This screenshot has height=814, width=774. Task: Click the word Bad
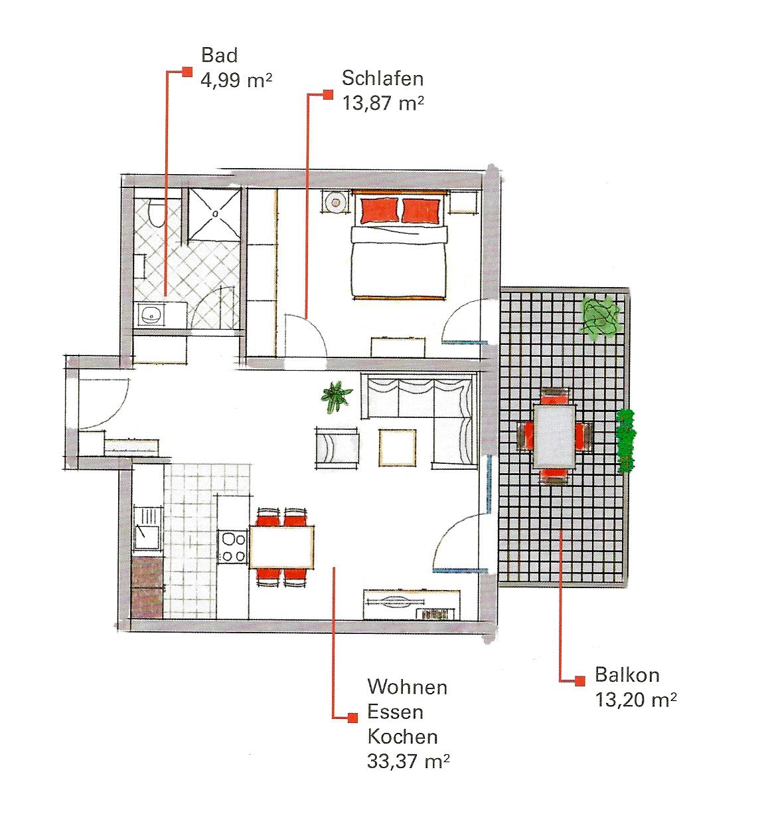click(219, 55)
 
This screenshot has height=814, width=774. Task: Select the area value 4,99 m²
click(236, 80)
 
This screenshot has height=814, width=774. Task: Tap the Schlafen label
click(382, 78)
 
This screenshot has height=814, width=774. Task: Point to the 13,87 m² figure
click(383, 103)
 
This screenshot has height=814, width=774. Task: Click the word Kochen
click(402, 736)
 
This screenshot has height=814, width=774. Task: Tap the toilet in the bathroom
click(156, 213)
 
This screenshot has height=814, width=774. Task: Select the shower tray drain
click(215, 214)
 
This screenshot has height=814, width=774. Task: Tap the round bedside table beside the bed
click(335, 202)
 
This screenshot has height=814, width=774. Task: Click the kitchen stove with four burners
click(233, 546)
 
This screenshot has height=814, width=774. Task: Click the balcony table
click(554, 436)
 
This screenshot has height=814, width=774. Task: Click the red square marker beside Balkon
click(580, 680)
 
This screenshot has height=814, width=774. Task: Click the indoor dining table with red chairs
click(281, 546)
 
